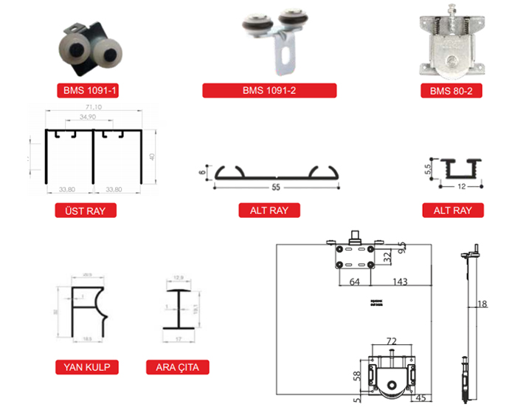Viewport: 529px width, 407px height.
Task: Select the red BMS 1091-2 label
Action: click(x=269, y=91)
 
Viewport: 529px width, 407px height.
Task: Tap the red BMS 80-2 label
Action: click(x=452, y=92)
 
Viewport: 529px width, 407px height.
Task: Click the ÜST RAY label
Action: click(x=86, y=211)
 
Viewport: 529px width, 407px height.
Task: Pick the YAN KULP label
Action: click(x=86, y=367)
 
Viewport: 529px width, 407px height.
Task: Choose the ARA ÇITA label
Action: click(x=178, y=367)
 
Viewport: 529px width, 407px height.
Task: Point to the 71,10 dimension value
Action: click(x=93, y=108)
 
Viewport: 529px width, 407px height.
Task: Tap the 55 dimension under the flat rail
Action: click(x=276, y=188)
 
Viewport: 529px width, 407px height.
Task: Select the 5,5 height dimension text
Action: click(x=427, y=168)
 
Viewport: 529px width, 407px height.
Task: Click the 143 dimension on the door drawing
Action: click(x=400, y=281)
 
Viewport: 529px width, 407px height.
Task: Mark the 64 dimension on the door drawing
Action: click(x=353, y=281)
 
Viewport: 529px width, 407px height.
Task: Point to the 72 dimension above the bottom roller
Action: click(x=392, y=342)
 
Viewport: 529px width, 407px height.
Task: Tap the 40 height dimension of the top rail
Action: click(x=151, y=157)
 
